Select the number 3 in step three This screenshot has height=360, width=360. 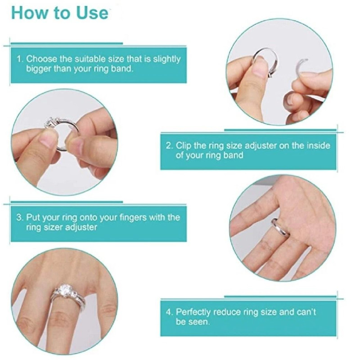pyautogui.click(x=19, y=217)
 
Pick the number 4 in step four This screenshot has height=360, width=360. pyautogui.click(x=168, y=312)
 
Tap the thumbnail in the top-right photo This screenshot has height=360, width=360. pyautogui.click(x=261, y=67)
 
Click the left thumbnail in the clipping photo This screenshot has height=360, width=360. pyautogui.click(x=48, y=139)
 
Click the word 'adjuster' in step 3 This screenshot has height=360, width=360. pyautogui.click(x=82, y=228)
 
